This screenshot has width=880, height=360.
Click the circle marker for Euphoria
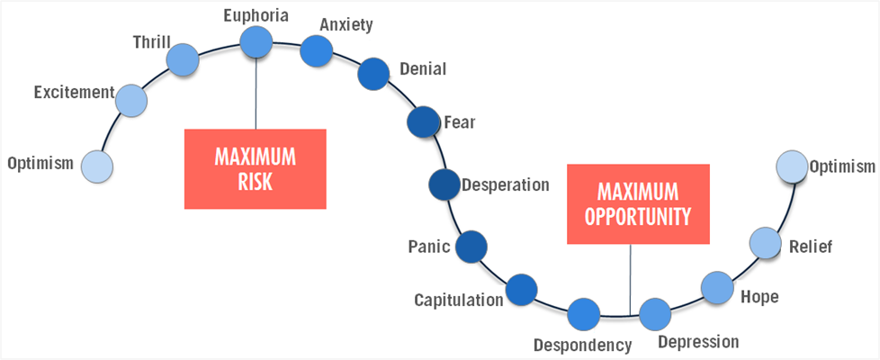256,41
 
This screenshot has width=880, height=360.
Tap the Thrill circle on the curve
183,59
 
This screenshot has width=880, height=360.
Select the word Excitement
74,92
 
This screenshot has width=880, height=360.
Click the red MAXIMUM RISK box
255,169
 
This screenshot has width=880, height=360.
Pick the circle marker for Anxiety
316,51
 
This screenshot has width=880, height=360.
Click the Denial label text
422,68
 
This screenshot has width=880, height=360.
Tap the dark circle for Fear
422,121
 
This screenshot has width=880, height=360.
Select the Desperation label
505,185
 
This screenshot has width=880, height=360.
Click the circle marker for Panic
471,246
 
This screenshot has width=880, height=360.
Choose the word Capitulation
459,300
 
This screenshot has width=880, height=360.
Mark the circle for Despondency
584,314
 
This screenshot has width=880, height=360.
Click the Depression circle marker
655,314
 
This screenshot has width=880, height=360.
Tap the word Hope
759,296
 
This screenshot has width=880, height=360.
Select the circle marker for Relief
765,242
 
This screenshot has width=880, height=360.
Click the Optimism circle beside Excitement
97,166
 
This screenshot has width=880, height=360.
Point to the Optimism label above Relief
841,166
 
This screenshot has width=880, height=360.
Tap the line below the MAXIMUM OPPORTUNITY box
630,279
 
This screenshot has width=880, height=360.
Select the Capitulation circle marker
521,290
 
